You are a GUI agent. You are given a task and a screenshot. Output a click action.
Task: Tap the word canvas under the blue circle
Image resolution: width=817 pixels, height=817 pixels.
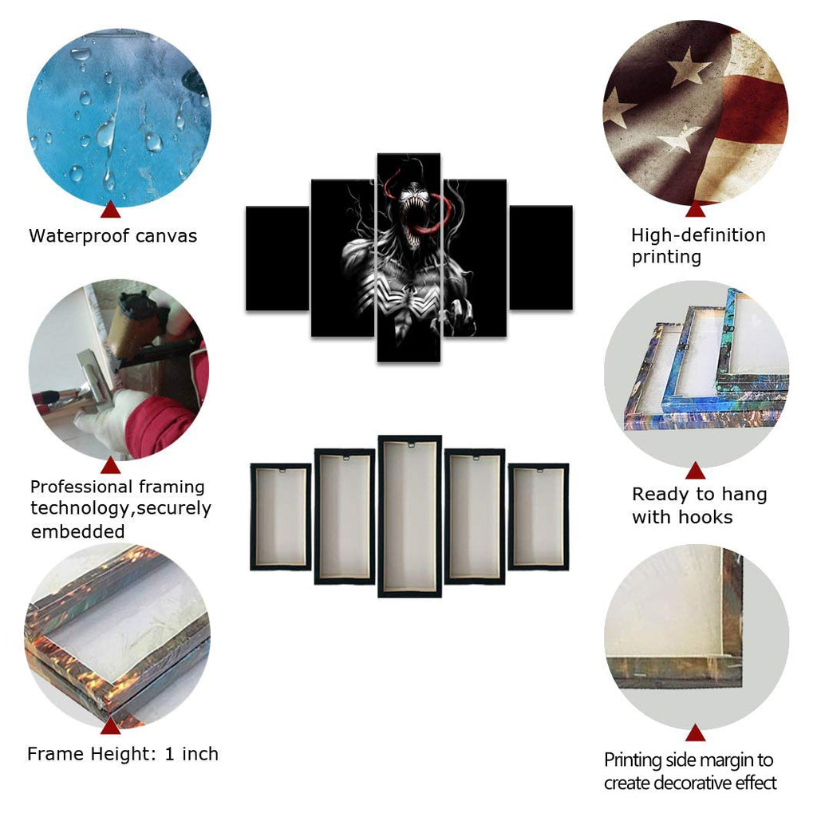166,236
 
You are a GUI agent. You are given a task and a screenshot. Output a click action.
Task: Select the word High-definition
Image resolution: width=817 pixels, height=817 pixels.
698,235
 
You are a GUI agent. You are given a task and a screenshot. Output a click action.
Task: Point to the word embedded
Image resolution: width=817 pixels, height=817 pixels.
77,531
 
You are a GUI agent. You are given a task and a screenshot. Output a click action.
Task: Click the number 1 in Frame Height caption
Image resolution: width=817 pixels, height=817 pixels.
169,754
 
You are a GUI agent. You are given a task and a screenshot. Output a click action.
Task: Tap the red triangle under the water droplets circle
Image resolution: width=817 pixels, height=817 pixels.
110,210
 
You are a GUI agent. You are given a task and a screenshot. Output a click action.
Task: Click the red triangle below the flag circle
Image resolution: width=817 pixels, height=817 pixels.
696,209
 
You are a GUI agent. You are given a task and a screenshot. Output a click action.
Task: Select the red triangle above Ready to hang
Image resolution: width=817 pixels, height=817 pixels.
696,471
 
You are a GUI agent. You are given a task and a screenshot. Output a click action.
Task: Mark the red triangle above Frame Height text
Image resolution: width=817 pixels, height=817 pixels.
110,725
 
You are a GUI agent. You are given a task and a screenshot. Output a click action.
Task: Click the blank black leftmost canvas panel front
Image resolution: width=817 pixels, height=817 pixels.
277,258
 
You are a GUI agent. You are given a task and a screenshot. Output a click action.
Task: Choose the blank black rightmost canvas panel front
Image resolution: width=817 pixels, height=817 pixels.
541,258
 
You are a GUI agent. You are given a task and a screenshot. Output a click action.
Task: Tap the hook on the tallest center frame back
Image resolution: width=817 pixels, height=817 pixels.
410,444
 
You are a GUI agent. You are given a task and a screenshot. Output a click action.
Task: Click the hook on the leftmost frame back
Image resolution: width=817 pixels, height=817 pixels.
282,470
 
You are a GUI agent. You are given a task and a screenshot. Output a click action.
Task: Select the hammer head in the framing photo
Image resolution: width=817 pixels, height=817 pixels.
94,374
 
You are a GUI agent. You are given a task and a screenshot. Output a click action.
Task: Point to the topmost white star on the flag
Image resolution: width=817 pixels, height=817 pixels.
689,66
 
